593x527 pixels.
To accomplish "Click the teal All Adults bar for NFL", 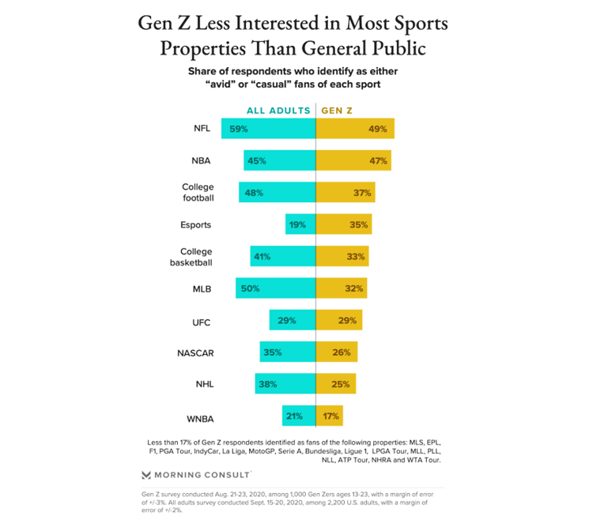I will [268, 129].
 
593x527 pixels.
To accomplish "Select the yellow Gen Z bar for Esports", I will [344, 224].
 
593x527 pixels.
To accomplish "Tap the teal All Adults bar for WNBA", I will [299, 416].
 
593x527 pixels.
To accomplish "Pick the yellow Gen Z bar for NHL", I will [336, 385].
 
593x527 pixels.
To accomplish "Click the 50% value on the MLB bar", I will [251, 289].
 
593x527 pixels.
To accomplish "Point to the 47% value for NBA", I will [377, 161].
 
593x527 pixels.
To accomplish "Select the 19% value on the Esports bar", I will [297, 225].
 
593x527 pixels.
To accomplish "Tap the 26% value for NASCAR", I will [342, 352].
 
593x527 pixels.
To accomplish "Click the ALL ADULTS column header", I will [278, 111].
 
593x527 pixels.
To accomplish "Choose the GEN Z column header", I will [338, 111].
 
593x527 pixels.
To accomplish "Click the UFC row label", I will [201, 322].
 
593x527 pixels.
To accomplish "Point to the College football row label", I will [198, 193].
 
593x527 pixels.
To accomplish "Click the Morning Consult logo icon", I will [146, 475].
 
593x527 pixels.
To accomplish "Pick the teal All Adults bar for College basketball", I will [283, 257].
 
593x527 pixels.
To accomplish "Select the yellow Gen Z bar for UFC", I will [339, 321].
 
